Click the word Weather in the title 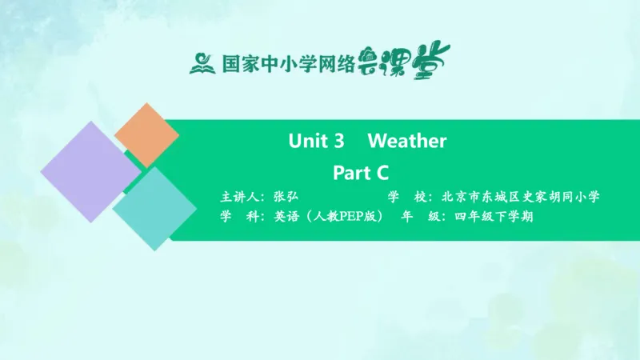[x=406, y=142]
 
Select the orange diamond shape [x=146, y=134]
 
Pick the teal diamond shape [x=154, y=210]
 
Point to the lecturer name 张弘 [x=285, y=197]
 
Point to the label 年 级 [x=418, y=217]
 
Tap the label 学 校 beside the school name [x=407, y=197]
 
